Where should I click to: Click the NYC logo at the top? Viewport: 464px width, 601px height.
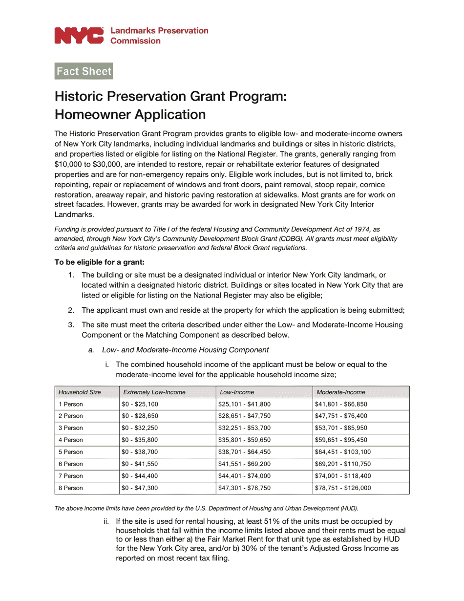pos(79,36)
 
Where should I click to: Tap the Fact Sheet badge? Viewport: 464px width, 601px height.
pos(84,71)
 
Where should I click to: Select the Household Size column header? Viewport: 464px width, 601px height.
pos(80,392)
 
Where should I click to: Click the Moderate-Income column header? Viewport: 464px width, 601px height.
pos(340,392)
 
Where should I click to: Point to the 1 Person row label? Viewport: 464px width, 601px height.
pos(71,405)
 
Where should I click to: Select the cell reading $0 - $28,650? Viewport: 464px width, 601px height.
pos(140,416)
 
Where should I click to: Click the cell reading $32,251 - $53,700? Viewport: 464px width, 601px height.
pos(244,428)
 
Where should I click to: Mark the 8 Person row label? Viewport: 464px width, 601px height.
pos(71,488)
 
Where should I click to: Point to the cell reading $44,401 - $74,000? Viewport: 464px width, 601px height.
pos(244,476)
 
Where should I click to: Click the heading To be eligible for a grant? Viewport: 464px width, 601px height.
pos(100,262)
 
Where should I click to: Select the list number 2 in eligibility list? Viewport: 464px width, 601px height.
pos(71,310)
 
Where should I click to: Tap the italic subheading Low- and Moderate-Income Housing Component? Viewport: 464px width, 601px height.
pos(186,350)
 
